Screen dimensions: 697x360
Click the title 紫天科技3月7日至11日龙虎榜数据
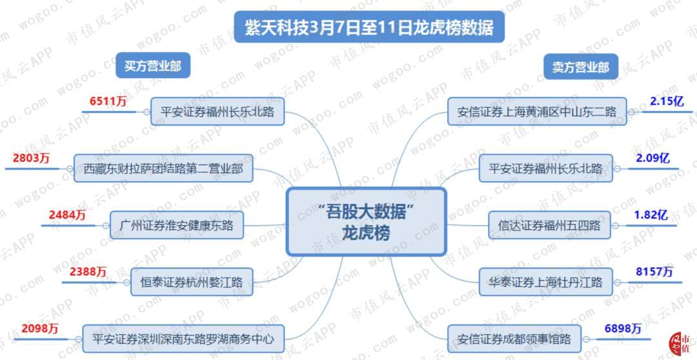point(369,28)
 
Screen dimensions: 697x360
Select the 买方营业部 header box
point(153,66)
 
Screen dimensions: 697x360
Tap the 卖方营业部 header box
point(581,67)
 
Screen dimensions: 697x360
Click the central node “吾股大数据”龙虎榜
point(366,221)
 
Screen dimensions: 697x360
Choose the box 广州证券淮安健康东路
point(176,225)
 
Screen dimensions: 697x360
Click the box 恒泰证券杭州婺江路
point(192,282)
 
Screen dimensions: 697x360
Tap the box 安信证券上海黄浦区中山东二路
point(537,112)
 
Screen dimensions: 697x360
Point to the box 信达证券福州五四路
point(549,225)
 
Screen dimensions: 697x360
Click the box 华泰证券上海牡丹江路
point(545,282)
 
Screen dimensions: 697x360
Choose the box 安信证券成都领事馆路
point(514,339)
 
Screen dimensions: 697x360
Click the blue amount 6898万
point(623,328)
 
